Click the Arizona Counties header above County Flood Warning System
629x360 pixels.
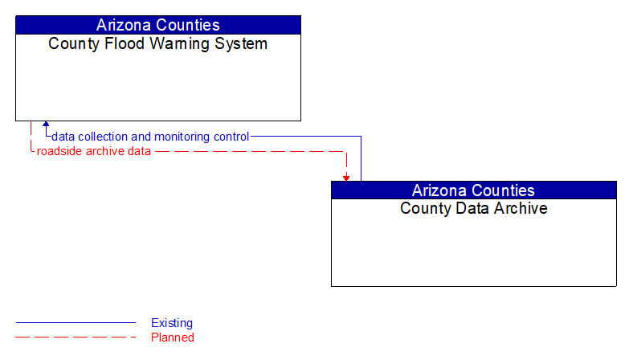click(158, 25)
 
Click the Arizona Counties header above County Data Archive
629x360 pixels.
click(473, 190)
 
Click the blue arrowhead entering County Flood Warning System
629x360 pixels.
click(46, 125)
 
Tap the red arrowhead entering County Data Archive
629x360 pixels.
click(346, 178)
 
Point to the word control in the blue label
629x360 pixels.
click(231, 137)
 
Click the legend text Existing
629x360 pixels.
click(172, 323)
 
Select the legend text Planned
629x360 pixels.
click(173, 337)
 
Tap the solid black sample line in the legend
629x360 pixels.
click(76, 323)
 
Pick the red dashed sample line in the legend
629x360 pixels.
click(76, 337)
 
